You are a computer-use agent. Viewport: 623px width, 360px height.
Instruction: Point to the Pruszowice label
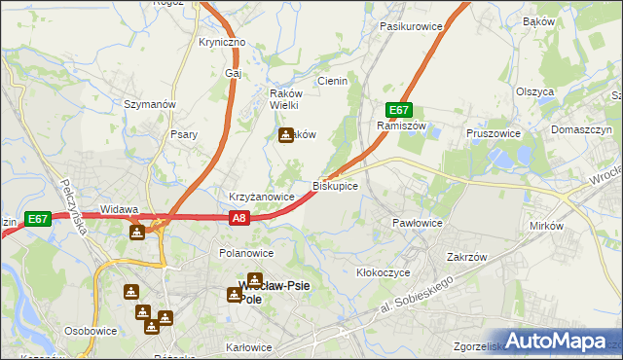click(x=494, y=133)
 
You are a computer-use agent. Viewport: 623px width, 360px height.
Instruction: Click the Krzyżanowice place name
click(x=261, y=197)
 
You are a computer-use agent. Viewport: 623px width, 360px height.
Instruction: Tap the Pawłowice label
click(x=418, y=223)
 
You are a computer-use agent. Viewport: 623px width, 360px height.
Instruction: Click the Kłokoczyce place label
click(x=384, y=272)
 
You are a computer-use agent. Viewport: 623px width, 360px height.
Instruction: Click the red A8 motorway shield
click(x=240, y=220)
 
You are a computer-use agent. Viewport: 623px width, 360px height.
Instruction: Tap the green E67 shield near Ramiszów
click(x=398, y=110)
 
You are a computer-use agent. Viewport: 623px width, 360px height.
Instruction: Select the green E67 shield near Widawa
click(x=38, y=220)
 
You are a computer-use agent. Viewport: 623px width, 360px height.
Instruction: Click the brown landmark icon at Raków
click(x=285, y=135)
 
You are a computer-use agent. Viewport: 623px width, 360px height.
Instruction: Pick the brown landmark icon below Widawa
click(x=137, y=232)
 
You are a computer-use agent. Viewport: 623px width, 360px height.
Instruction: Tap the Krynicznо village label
click(x=222, y=43)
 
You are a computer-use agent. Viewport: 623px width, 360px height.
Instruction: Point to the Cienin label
click(x=332, y=82)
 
